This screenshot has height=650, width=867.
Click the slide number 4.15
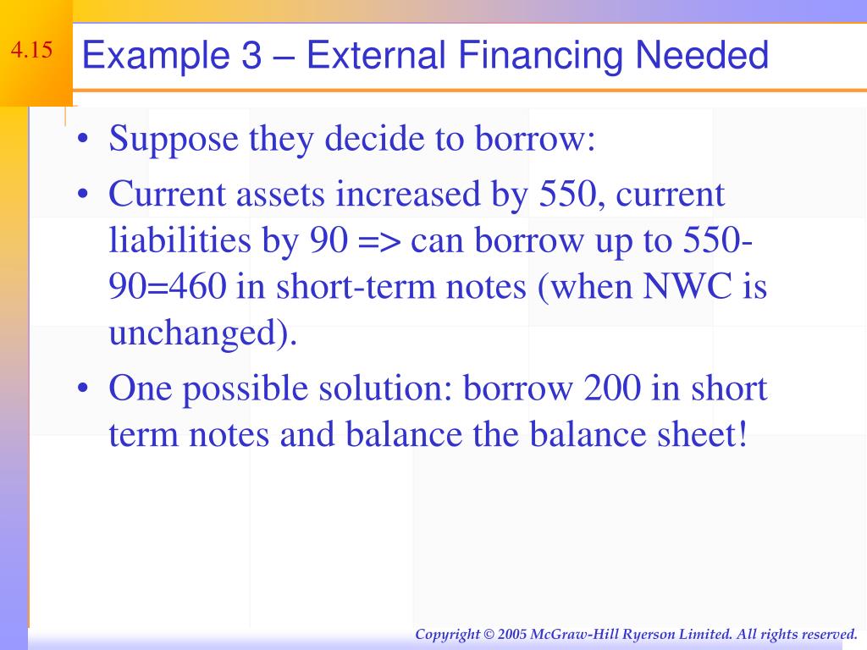pyautogui.click(x=32, y=52)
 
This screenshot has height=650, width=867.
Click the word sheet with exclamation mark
pyautogui.click(x=702, y=437)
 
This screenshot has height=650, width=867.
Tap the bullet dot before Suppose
pyautogui.click(x=84, y=140)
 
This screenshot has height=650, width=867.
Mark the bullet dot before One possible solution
pyautogui.click(x=84, y=391)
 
